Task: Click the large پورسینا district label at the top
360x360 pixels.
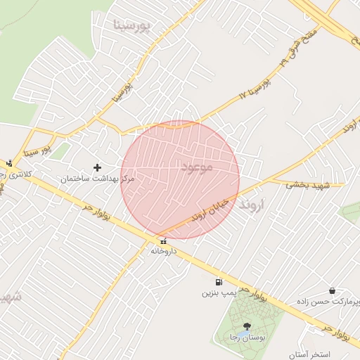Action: pyautogui.click(x=131, y=26)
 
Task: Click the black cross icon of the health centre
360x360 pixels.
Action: pyautogui.click(x=97, y=167)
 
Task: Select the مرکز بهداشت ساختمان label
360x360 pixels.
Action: pyautogui.click(x=97, y=180)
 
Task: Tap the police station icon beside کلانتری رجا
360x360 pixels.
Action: pyautogui.click(x=9, y=162)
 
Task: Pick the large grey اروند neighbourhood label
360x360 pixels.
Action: pyautogui.click(x=254, y=205)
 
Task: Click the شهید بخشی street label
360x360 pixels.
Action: pyautogui.click(x=307, y=184)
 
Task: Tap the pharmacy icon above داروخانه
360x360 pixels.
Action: pyautogui.click(x=163, y=240)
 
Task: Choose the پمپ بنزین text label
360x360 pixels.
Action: pyautogui.click(x=217, y=292)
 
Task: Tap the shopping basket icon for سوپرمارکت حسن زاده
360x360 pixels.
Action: pyautogui.click(x=332, y=290)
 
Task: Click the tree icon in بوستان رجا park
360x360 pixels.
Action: pyautogui.click(x=247, y=326)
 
